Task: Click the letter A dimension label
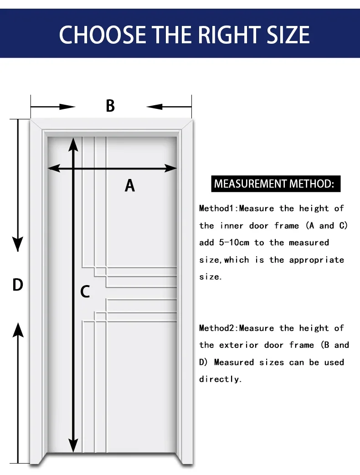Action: (130, 185)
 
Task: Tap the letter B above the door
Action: (110, 106)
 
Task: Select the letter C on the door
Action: (85, 291)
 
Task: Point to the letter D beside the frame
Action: (17, 285)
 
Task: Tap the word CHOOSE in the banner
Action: (103, 35)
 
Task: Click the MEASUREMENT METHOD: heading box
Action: (274, 184)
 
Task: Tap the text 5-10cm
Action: (234, 243)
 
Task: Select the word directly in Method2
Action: (221, 379)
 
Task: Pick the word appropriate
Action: (316, 260)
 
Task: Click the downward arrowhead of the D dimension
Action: (18, 244)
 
